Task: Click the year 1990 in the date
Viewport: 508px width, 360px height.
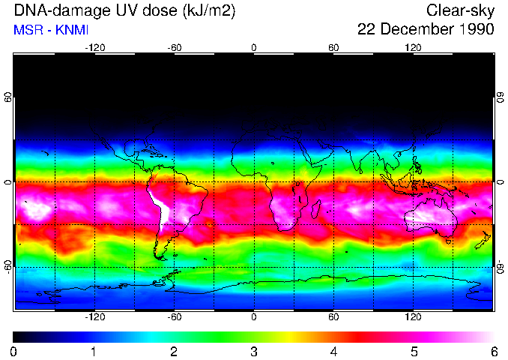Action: (472, 30)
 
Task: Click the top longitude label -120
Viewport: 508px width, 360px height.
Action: (94, 47)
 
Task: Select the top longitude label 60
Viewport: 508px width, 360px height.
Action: (333, 47)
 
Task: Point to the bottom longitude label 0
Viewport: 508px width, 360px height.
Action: (253, 317)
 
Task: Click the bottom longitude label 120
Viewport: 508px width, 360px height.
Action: (413, 317)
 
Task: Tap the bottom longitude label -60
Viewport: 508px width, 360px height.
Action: (175, 317)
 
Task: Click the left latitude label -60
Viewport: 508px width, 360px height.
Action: (7, 266)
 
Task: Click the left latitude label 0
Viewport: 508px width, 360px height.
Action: (7, 182)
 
